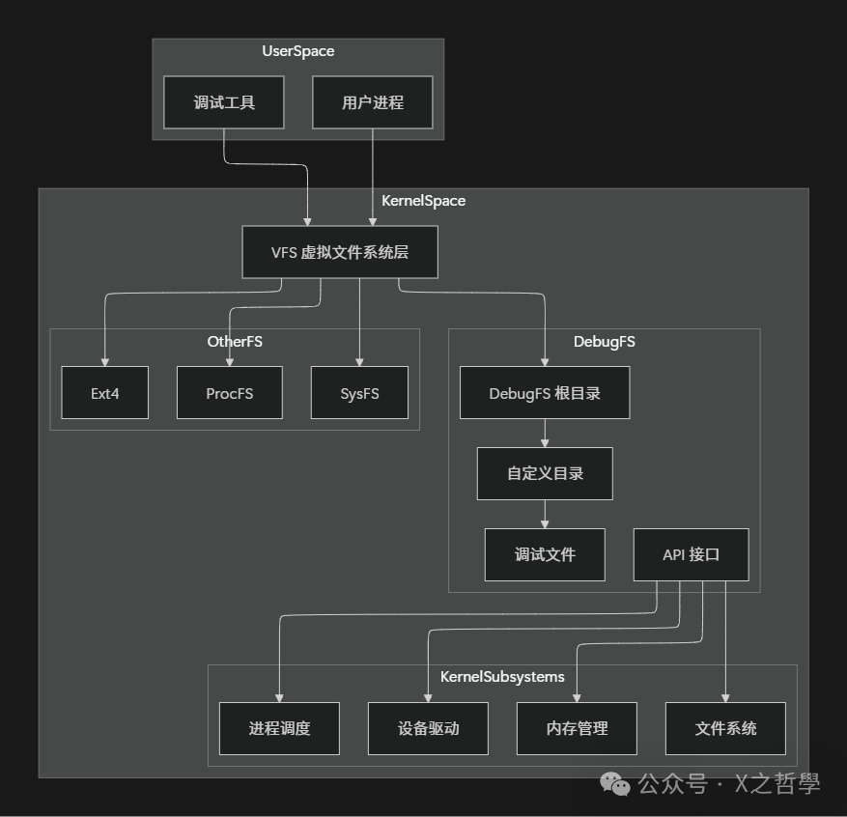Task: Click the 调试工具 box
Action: point(224,102)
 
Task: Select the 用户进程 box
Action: point(373,102)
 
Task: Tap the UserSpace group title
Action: point(297,51)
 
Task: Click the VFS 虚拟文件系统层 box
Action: point(340,252)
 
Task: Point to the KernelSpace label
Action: point(423,201)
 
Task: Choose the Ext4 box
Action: point(104,393)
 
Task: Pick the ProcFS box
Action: point(230,393)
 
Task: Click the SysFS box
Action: point(359,393)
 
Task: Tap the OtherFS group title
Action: point(235,341)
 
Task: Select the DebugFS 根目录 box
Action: point(545,393)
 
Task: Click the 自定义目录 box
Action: point(545,473)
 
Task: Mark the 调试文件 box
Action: point(545,554)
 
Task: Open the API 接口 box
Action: point(691,554)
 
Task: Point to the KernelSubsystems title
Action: point(502,676)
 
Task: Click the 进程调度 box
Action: point(279,728)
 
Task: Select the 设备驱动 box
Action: point(428,728)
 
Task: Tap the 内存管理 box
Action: point(577,728)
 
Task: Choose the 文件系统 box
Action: point(725,728)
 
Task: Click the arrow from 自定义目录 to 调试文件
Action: point(545,514)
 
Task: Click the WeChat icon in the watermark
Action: point(615,783)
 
